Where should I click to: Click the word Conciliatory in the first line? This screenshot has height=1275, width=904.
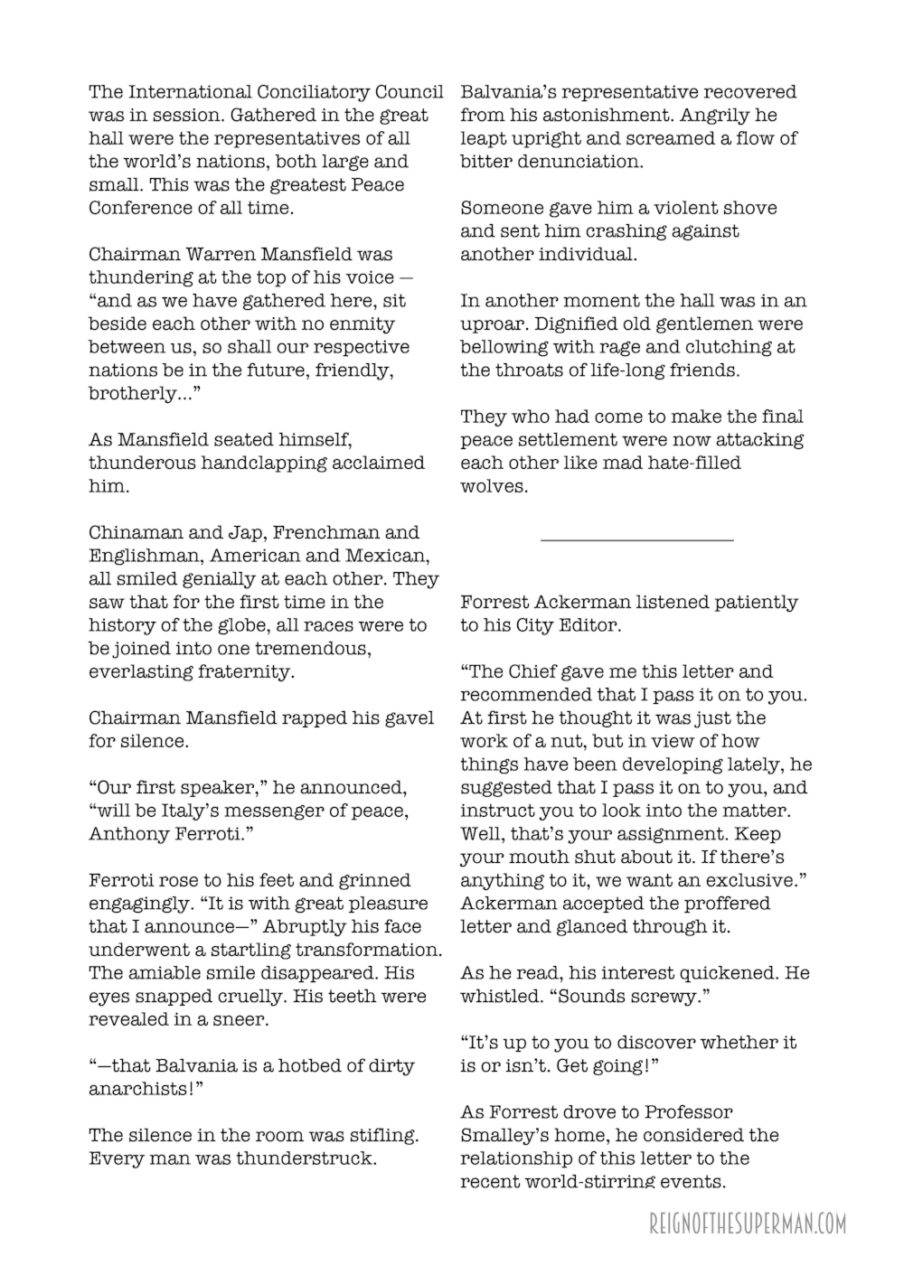pos(326,92)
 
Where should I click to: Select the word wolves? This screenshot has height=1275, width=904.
pos(494,486)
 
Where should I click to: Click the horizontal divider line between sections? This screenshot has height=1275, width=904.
pos(636,540)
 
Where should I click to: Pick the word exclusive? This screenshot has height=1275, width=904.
pos(739,880)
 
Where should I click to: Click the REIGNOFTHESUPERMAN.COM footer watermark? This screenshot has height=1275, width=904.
pos(748,1224)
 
